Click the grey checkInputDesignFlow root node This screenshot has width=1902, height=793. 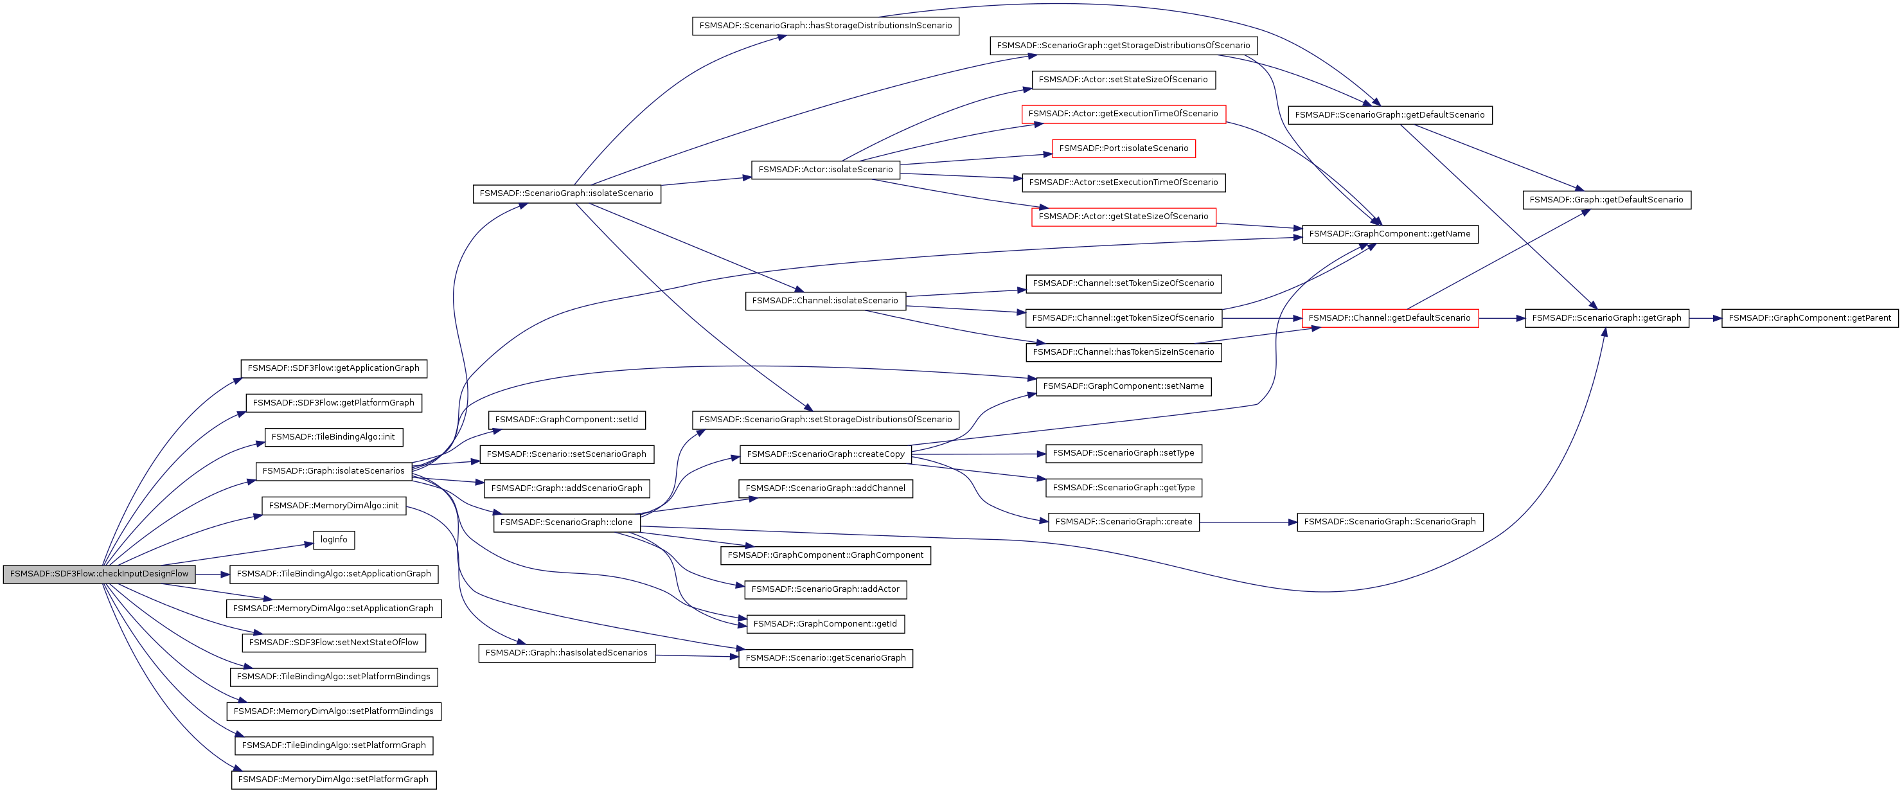[x=99, y=574]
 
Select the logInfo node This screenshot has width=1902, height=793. [x=333, y=540]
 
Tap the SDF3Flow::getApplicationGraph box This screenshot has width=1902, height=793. [x=333, y=368]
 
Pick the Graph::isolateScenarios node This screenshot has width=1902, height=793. [x=333, y=471]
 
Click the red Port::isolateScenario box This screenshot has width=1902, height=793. [x=1123, y=148]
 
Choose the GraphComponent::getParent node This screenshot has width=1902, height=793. [x=1809, y=318]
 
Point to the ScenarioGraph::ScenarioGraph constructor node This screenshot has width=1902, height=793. [x=1390, y=522]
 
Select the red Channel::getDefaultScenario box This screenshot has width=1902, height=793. [x=1390, y=318]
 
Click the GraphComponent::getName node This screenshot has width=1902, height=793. [x=1390, y=234]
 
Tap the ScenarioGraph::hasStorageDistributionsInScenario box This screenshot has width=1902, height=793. [x=826, y=26]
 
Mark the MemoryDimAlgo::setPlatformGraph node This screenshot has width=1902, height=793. [x=333, y=780]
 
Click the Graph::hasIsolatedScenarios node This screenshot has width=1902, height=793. [x=567, y=654]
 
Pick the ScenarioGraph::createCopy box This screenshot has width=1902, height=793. [x=826, y=454]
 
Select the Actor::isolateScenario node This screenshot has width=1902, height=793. [x=826, y=170]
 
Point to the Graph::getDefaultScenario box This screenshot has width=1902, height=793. [x=1606, y=200]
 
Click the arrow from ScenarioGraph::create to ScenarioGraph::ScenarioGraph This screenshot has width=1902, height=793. [x=1248, y=522]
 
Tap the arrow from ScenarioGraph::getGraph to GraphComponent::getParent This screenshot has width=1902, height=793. [x=1705, y=318]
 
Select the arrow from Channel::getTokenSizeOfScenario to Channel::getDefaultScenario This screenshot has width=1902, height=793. [x=1262, y=318]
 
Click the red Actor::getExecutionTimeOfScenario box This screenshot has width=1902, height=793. [x=1123, y=114]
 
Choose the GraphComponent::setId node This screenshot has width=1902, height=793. [x=566, y=420]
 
